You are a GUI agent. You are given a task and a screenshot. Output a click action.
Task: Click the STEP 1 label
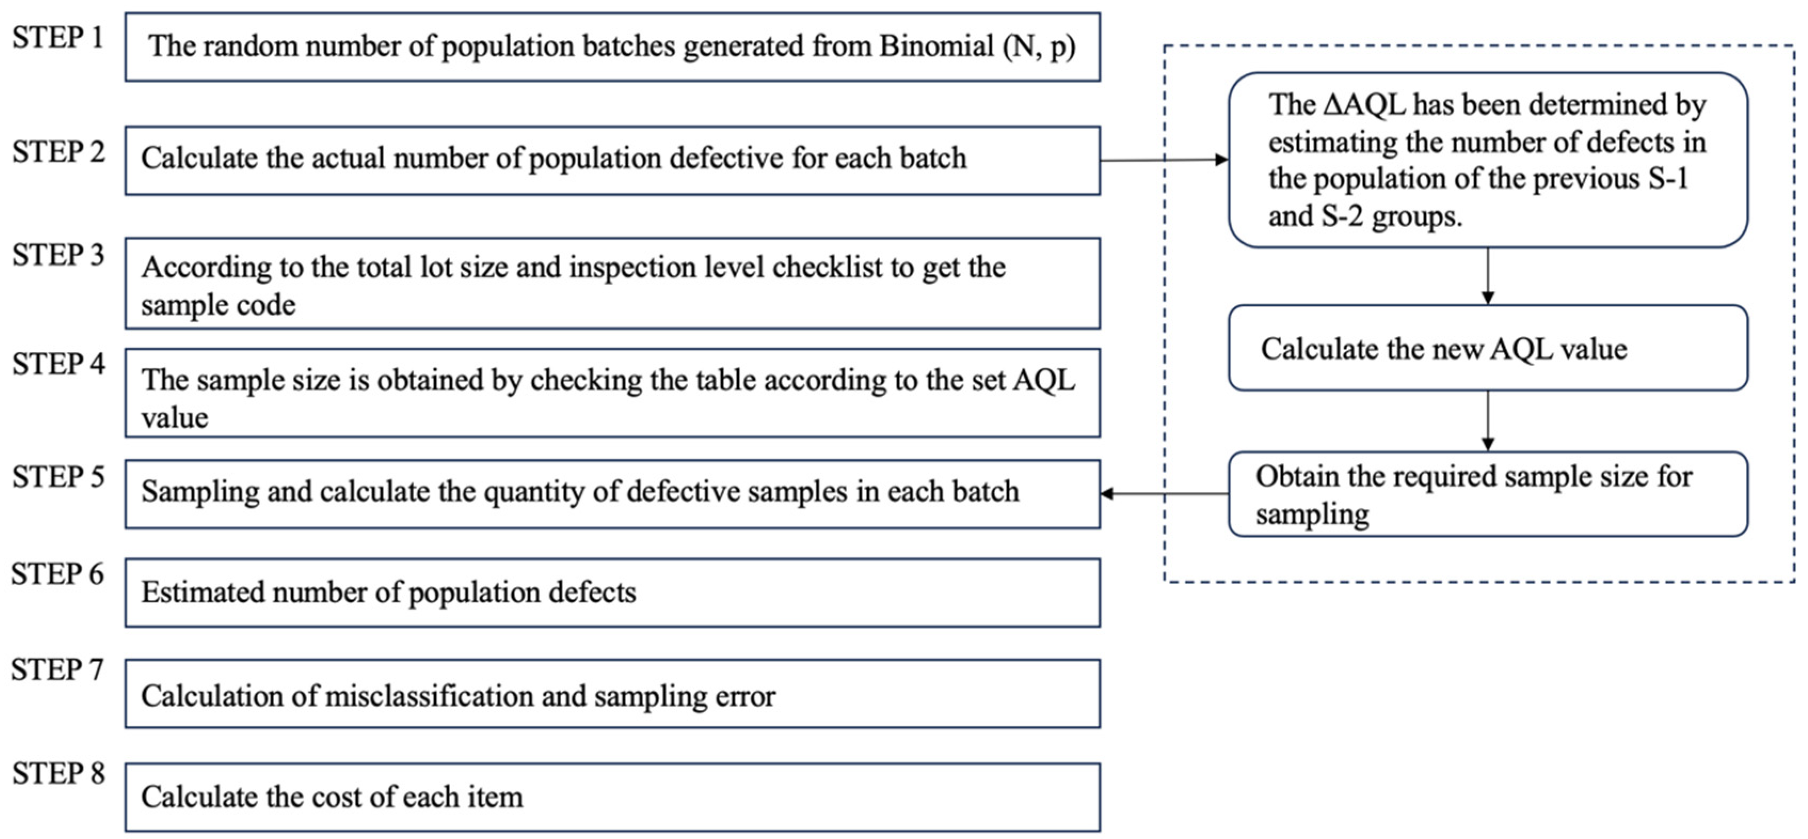click(x=58, y=38)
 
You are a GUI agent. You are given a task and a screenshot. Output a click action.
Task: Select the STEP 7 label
click(x=58, y=670)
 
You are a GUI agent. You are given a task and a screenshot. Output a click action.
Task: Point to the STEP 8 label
click(x=58, y=774)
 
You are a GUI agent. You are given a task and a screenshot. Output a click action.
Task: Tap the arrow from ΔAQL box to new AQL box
click(x=1487, y=275)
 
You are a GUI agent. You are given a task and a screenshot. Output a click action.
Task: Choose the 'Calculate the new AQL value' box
click(x=1487, y=349)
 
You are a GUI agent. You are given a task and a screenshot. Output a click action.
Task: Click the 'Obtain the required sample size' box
click(x=1487, y=495)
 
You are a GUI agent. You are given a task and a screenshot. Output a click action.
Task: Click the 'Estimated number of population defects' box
click(x=612, y=593)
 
